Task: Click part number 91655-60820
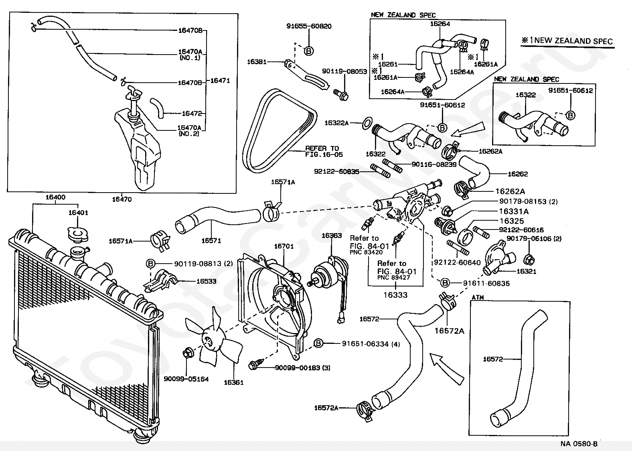coord(309,26)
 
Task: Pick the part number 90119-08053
coord(344,71)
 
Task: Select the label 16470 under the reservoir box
coord(122,199)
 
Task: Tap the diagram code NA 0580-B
coord(579,444)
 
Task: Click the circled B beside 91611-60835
coord(445,283)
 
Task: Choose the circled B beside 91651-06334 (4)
coord(318,343)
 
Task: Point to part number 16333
coord(395,295)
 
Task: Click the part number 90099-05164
coord(186,379)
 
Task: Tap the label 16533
coord(206,281)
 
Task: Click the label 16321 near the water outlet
coord(527,271)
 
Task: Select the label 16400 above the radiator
coord(55,197)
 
